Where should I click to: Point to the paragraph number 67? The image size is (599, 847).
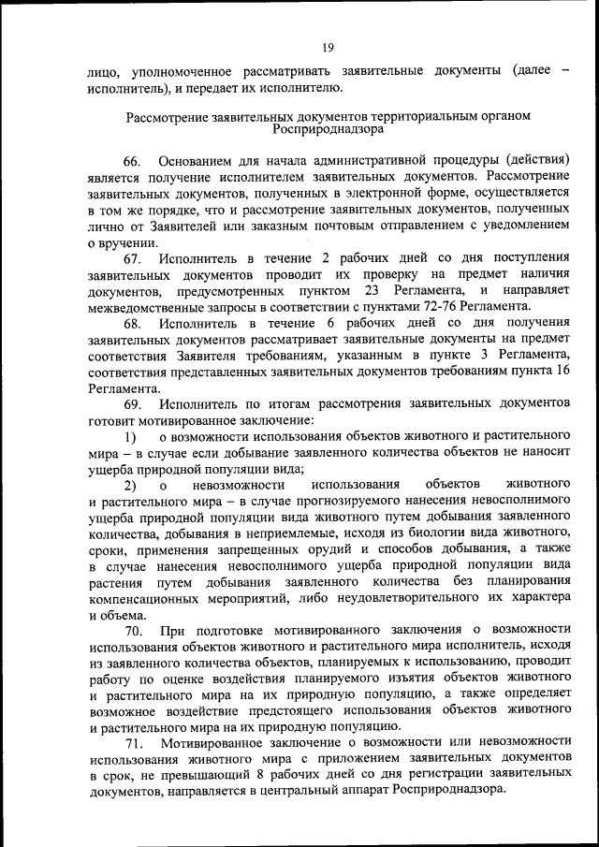(x=132, y=257)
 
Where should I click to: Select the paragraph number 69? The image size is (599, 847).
(x=132, y=404)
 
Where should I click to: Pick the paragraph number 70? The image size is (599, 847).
(x=132, y=633)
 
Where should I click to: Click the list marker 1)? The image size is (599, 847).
(x=131, y=437)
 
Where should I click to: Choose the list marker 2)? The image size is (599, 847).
(x=131, y=486)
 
